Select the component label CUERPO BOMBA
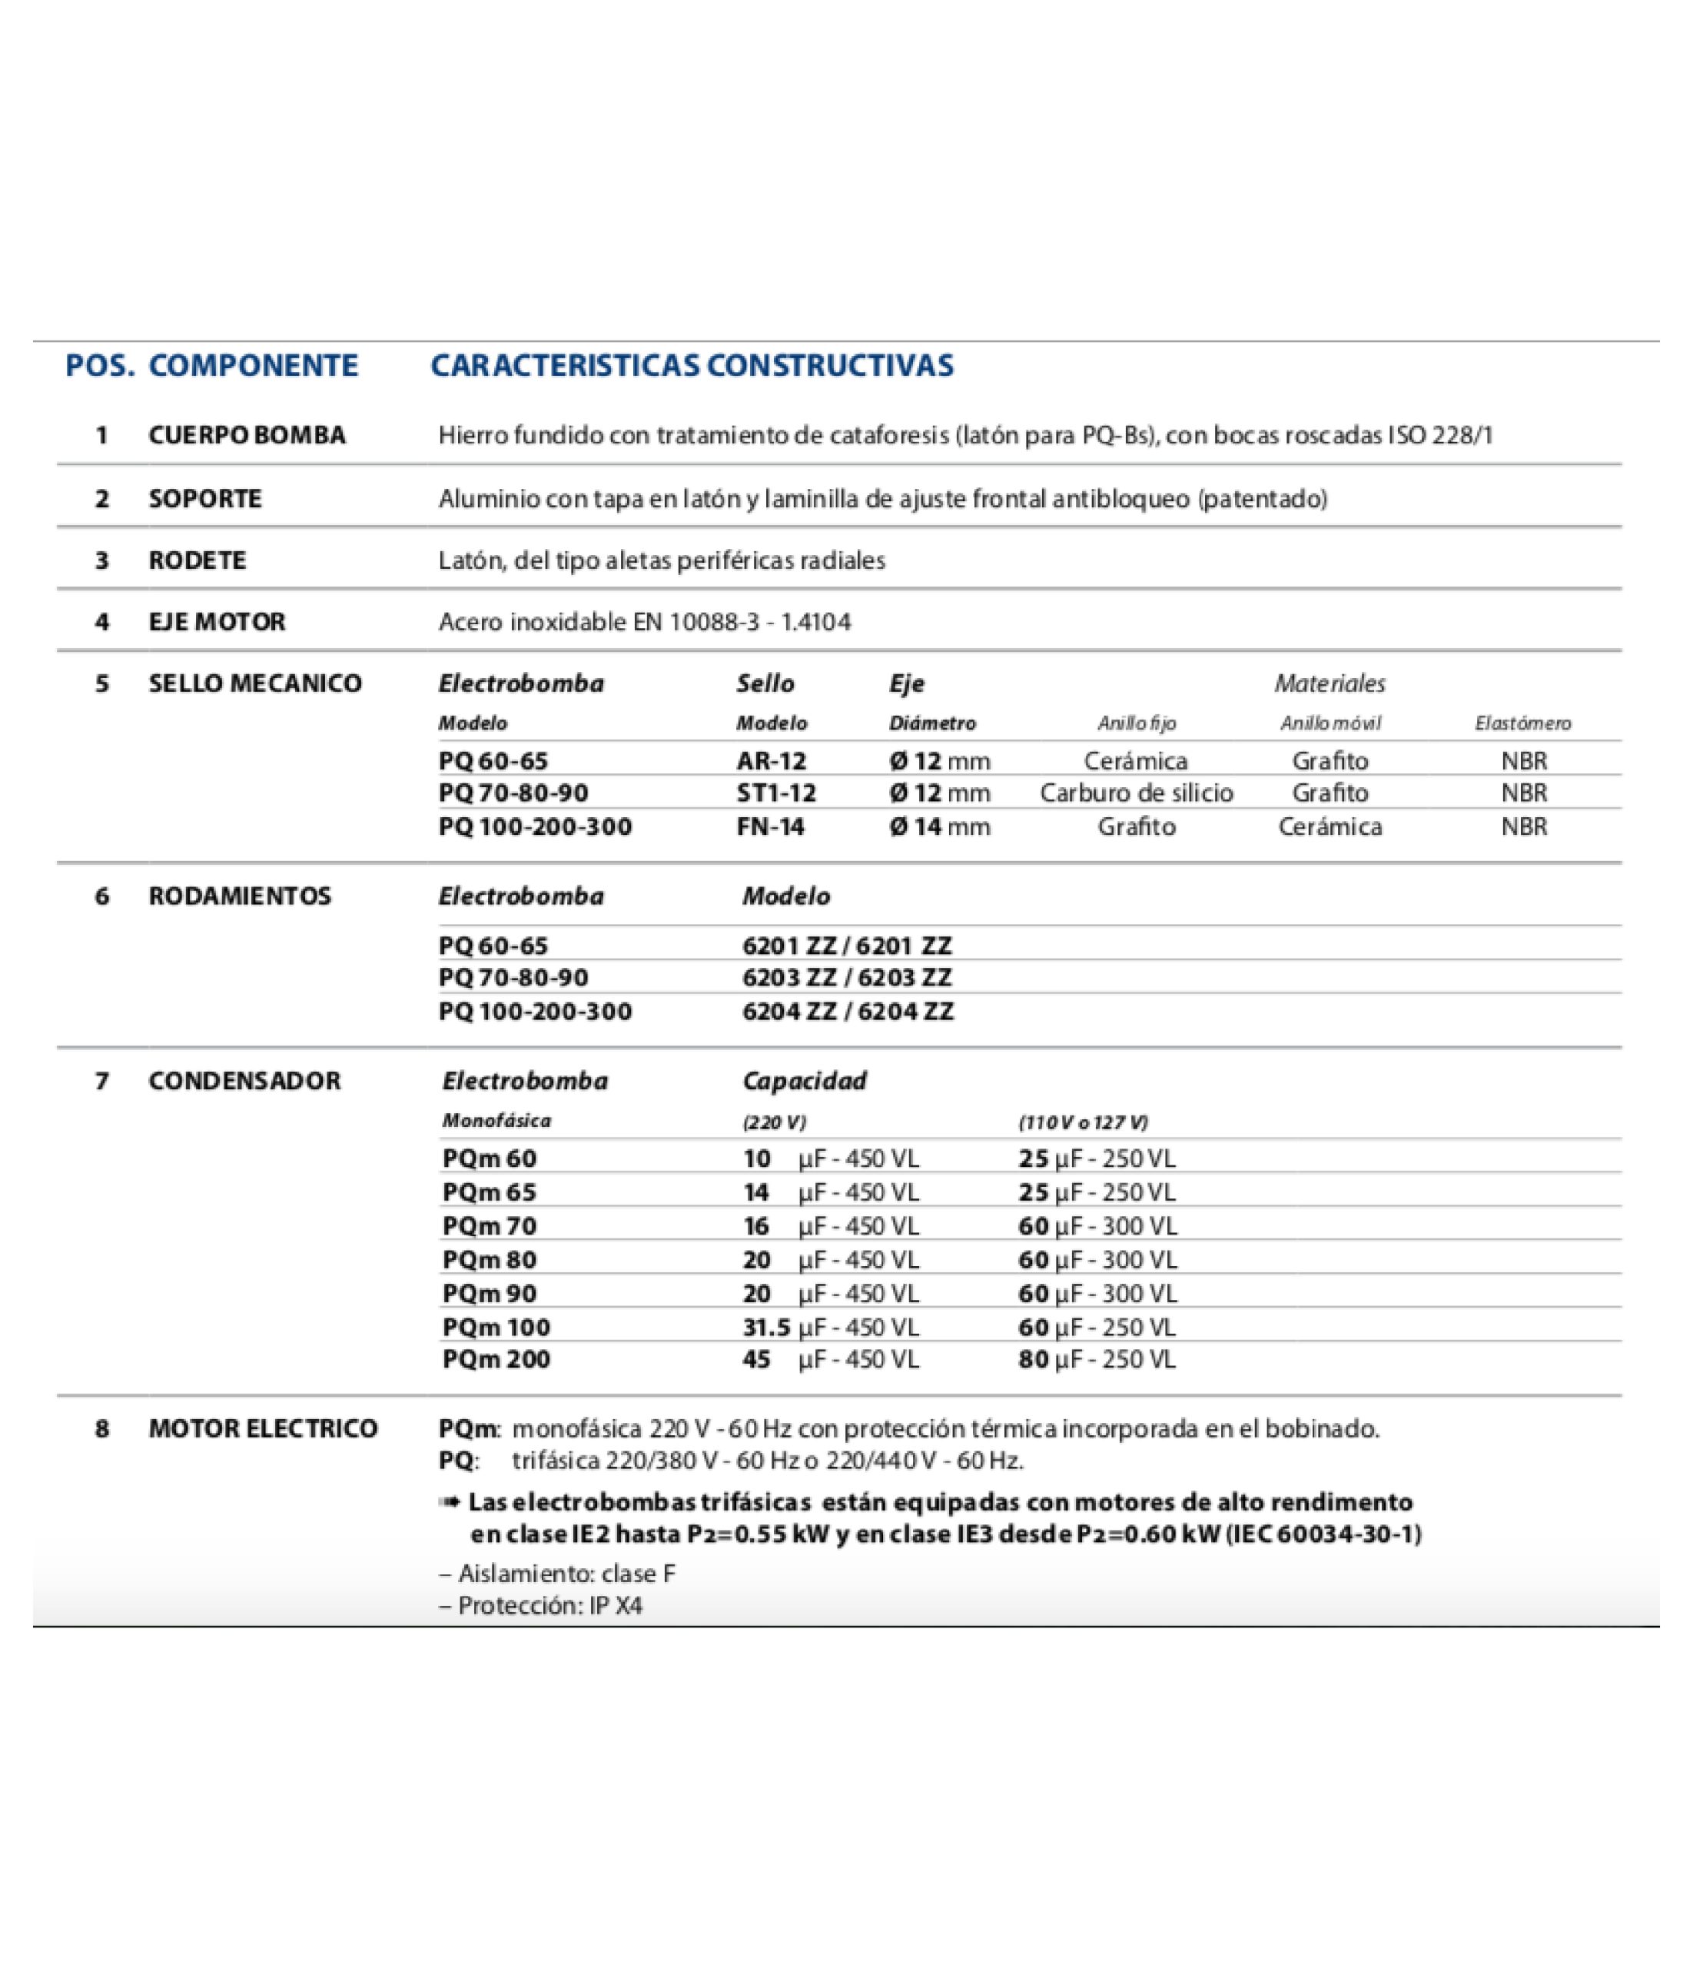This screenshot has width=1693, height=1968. coord(247,435)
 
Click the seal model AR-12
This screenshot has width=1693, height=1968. coord(770,761)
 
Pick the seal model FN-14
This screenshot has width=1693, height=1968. coord(770,826)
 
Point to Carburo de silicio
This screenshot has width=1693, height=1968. coord(1136,793)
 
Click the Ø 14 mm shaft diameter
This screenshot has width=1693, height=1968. coord(939,826)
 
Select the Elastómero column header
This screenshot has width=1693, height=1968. coord(1522,723)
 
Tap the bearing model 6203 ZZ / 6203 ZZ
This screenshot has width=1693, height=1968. coord(847,977)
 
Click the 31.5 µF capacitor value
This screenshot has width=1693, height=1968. coord(830,1327)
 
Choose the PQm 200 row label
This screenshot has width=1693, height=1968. coord(496,1359)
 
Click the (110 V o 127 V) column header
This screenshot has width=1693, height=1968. coord(1083,1122)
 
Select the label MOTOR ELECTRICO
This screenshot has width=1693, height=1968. coord(263,1428)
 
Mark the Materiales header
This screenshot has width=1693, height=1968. coord(1330,684)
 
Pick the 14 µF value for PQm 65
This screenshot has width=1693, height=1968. coord(830,1192)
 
